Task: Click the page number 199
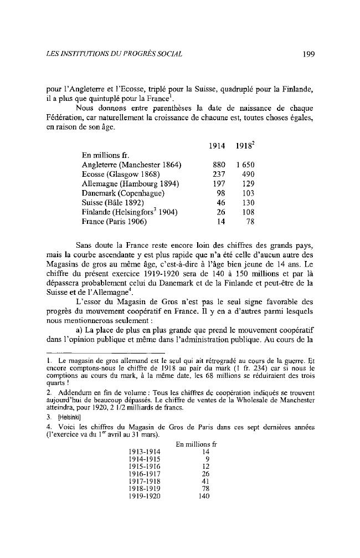point(308,54)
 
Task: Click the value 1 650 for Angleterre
point(244,165)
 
